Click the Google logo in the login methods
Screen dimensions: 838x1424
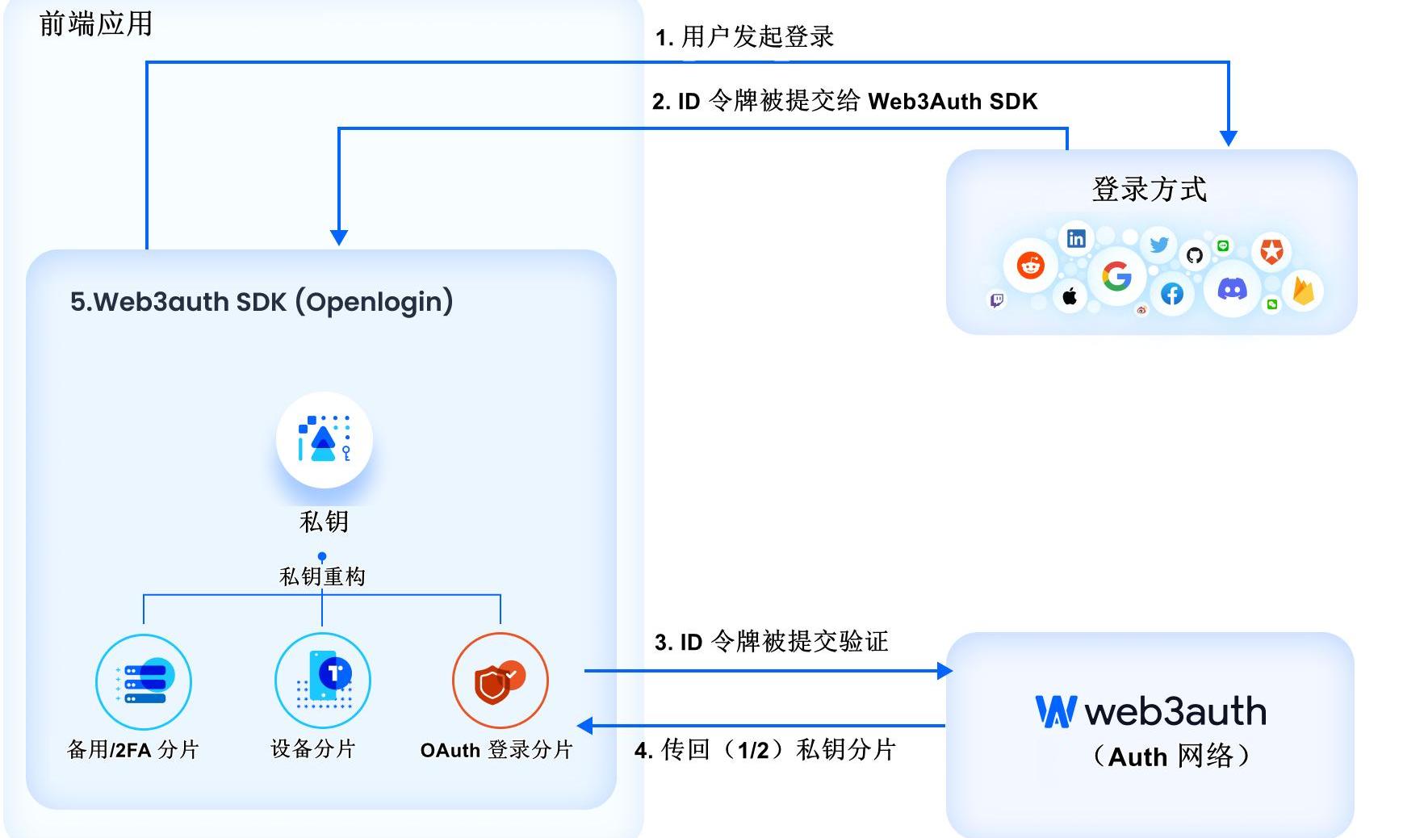pyautogui.click(x=1116, y=276)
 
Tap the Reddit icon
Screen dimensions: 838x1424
pyautogui.click(x=1030, y=265)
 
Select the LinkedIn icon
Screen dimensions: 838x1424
pyautogui.click(x=1076, y=238)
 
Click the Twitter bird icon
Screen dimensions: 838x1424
pyautogui.click(x=1159, y=244)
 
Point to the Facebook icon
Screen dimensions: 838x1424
pyautogui.click(x=1172, y=294)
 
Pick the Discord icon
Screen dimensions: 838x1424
pyautogui.click(x=1232, y=288)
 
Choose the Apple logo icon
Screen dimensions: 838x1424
pyautogui.click(x=1070, y=296)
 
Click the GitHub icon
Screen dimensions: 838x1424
pyautogui.click(x=1195, y=255)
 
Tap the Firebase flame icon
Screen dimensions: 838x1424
pyautogui.click(x=1303, y=291)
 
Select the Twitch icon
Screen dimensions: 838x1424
pyautogui.click(x=997, y=300)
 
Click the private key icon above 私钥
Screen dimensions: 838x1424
pyautogui.click(x=324, y=440)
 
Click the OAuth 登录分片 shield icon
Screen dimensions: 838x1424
pyautogui.click(x=500, y=681)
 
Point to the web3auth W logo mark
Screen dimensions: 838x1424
pyautogui.click(x=1055, y=711)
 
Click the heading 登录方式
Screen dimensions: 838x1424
pyautogui.click(x=1149, y=190)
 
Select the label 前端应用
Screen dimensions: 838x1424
pyautogui.click(x=95, y=24)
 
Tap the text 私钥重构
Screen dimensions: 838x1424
pyautogui.click(x=322, y=576)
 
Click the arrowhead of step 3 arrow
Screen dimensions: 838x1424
pyautogui.click(x=944, y=670)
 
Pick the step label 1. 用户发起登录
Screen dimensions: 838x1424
pyautogui.click(x=744, y=37)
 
